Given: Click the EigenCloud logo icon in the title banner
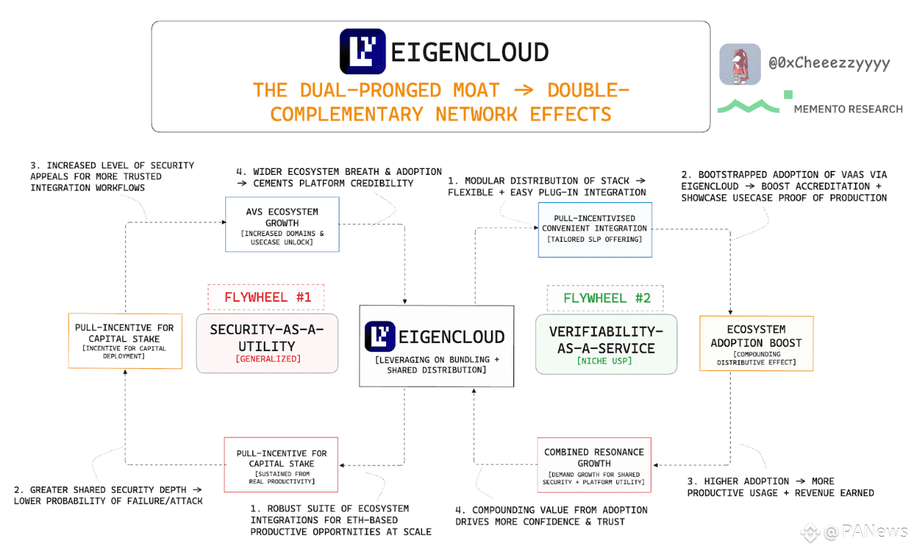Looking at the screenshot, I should tap(362, 51).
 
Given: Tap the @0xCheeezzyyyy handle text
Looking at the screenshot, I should tap(829, 63).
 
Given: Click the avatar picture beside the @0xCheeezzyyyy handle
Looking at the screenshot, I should tap(740, 64).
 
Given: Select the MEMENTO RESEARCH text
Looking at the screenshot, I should tap(848, 109).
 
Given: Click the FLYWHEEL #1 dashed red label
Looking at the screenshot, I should tap(266, 297).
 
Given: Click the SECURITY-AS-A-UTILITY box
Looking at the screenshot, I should tap(267, 343).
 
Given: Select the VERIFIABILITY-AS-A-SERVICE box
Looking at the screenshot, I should tap(605, 343).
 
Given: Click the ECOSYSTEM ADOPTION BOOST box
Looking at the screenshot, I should tap(756, 343).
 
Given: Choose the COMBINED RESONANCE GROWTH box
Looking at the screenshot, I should tap(593, 465).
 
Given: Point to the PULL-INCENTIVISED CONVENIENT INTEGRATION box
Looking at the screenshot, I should tap(595, 229).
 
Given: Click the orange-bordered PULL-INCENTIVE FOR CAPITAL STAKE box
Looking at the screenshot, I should tap(124, 340).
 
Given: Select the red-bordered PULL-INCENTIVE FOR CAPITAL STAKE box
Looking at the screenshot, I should tap(281, 465).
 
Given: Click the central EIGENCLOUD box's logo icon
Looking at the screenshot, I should tap(380, 337).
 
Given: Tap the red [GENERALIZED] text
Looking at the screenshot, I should tap(267, 359).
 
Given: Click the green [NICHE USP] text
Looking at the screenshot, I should tap(605, 361).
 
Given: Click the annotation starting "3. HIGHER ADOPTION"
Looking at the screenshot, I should tap(780, 487).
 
